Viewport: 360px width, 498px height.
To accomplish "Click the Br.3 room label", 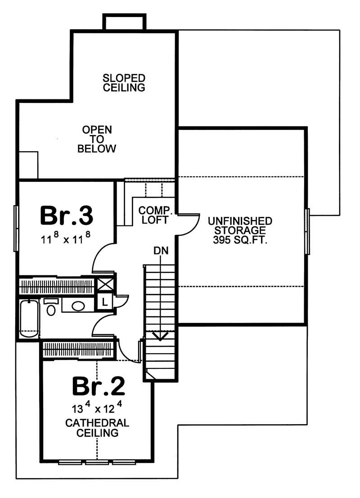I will pos(67,215).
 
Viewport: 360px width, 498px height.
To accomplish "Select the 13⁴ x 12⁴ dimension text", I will pos(97,410).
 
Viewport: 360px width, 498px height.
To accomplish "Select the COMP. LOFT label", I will pos(153,215).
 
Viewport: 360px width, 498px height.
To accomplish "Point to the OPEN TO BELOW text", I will pos(97,139).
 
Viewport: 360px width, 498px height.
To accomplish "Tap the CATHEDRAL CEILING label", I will pos(97,428).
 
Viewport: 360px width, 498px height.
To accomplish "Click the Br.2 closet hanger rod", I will pos(79,350).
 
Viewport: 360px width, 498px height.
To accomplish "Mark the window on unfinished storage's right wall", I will pos(308,231).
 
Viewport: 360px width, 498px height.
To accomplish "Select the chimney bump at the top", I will pos(124,22).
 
